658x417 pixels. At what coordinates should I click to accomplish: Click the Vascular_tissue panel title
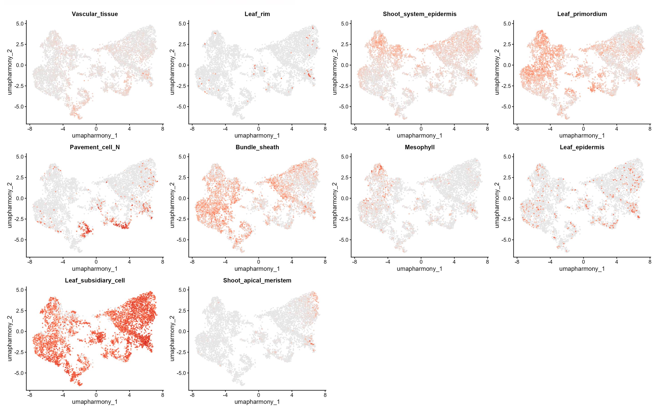click(x=95, y=14)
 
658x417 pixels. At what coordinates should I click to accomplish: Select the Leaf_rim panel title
click(x=257, y=14)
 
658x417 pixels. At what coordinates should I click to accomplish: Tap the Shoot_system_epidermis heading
click(x=419, y=14)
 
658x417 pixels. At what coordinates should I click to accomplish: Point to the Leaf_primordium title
click(x=582, y=14)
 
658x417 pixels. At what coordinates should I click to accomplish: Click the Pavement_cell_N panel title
click(x=95, y=147)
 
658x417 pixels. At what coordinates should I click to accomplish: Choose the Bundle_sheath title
click(x=257, y=147)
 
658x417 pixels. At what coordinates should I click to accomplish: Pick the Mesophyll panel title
click(x=419, y=147)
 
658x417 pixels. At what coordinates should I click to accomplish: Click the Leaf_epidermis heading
click(x=582, y=147)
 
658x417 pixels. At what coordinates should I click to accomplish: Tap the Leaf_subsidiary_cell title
click(x=95, y=280)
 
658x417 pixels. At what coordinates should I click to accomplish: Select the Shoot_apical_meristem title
click(x=257, y=280)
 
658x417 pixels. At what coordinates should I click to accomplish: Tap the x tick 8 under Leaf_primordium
click(x=650, y=129)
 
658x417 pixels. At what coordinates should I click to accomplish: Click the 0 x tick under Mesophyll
click(x=421, y=262)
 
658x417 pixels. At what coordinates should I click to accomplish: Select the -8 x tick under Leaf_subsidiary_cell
click(x=30, y=395)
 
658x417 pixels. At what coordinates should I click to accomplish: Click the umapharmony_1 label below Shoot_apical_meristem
click(x=257, y=402)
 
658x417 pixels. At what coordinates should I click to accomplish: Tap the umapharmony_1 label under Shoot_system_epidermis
click(x=419, y=136)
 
